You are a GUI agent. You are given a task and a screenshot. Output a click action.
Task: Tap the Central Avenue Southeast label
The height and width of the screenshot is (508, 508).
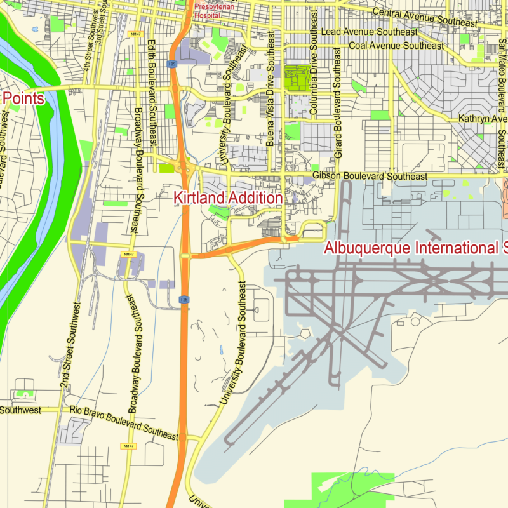pyautogui.click(x=424, y=18)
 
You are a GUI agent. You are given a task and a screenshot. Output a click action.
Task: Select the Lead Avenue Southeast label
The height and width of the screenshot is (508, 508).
pyautogui.click(x=370, y=32)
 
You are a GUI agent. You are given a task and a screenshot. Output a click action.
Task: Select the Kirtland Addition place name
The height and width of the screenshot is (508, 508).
pyautogui.click(x=228, y=198)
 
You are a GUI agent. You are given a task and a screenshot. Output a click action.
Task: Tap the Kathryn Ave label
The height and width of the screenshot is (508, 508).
pyautogui.click(x=483, y=119)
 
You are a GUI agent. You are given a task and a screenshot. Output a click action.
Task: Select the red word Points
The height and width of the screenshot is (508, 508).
pyautogui.click(x=24, y=98)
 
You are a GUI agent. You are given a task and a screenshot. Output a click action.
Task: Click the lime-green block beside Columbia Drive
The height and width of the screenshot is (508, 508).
pyautogui.click(x=295, y=79)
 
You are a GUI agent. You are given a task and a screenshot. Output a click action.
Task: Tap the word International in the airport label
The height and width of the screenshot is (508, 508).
pyautogui.click(x=452, y=248)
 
